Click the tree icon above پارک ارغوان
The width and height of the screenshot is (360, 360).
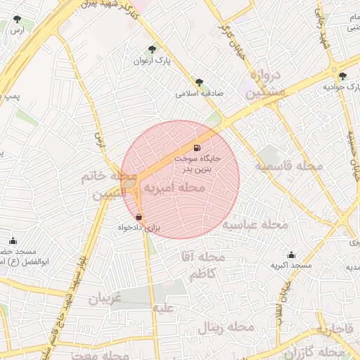[x=153, y=49]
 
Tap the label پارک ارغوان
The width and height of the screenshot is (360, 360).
[x=153, y=61]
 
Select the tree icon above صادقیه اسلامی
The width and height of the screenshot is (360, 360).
[x=200, y=82]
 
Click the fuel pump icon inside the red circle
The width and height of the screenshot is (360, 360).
[x=196, y=148]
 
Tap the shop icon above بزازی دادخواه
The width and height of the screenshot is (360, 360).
[x=139, y=217]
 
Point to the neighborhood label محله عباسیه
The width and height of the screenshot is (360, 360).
[x=256, y=225]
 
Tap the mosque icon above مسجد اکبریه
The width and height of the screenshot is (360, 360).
[x=291, y=255]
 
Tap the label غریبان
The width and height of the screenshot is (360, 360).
[x=105, y=298]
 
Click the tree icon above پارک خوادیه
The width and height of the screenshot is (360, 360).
[x=342, y=76]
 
